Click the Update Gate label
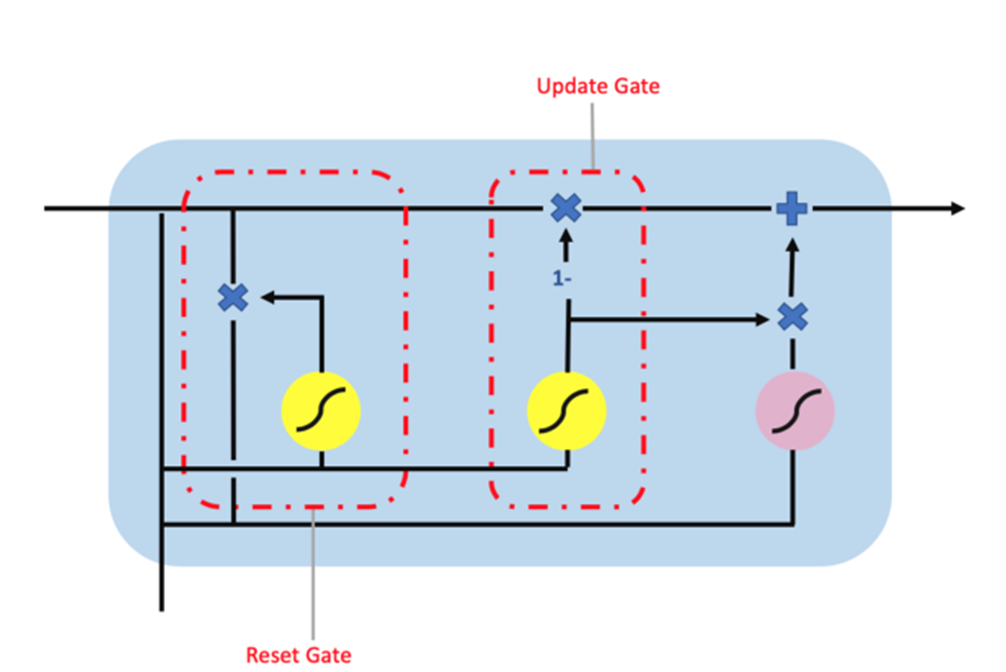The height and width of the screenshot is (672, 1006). pyautogui.click(x=598, y=87)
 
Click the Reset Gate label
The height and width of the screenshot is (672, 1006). pyautogui.click(x=299, y=654)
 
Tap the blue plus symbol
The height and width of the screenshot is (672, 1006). pyautogui.click(x=792, y=209)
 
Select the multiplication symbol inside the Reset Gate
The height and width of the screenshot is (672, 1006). pyautogui.click(x=233, y=297)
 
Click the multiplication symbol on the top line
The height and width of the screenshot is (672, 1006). pyautogui.click(x=565, y=208)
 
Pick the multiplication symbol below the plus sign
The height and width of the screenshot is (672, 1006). pyautogui.click(x=793, y=316)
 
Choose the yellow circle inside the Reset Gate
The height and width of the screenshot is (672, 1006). pyautogui.click(x=321, y=411)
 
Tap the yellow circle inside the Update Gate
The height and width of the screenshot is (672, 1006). pyautogui.click(x=566, y=411)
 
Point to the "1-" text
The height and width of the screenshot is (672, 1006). pyautogui.click(x=561, y=278)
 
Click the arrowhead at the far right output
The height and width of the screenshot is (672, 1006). pyautogui.click(x=957, y=209)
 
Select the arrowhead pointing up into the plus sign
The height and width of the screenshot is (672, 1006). pyautogui.click(x=793, y=234)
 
